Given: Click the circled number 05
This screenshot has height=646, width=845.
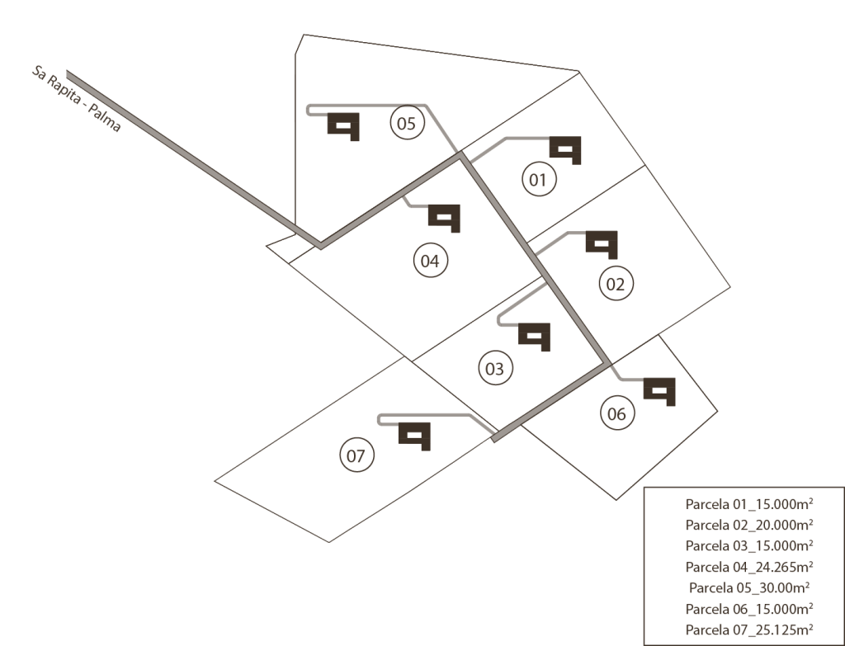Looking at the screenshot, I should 405,125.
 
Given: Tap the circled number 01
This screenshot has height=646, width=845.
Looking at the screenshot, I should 538,180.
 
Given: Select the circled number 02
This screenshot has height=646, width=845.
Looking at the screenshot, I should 616,285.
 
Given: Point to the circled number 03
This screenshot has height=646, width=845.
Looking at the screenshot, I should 494,369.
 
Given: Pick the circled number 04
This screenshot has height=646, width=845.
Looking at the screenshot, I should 429,262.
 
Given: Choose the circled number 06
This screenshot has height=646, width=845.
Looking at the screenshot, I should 616,414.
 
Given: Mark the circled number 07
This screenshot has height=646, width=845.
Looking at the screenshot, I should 356,455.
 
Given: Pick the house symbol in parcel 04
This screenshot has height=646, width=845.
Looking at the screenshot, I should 444,217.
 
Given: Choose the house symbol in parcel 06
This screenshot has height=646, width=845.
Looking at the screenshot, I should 659,390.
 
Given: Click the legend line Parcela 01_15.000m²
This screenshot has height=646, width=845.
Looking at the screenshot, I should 749,502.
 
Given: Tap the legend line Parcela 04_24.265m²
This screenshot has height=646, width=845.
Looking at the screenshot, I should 749,567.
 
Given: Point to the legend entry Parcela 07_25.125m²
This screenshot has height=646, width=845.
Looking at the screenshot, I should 749,631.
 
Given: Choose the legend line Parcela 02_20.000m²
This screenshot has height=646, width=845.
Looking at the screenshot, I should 749,524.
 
